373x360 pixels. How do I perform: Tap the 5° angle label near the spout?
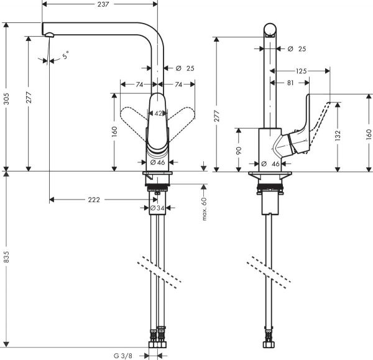pyautogui.click(x=66, y=57)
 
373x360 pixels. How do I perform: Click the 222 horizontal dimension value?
pyautogui.click(x=93, y=200)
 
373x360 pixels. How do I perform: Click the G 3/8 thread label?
pyautogui.click(x=123, y=355)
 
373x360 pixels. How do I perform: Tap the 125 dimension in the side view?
pyautogui.click(x=301, y=72)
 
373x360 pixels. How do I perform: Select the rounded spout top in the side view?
pyautogui.click(x=270, y=30)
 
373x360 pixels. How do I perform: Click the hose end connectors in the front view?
pyautogui.click(x=157, y=341)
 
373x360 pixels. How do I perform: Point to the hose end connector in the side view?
pyautogui.click(x=270, y=341)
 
